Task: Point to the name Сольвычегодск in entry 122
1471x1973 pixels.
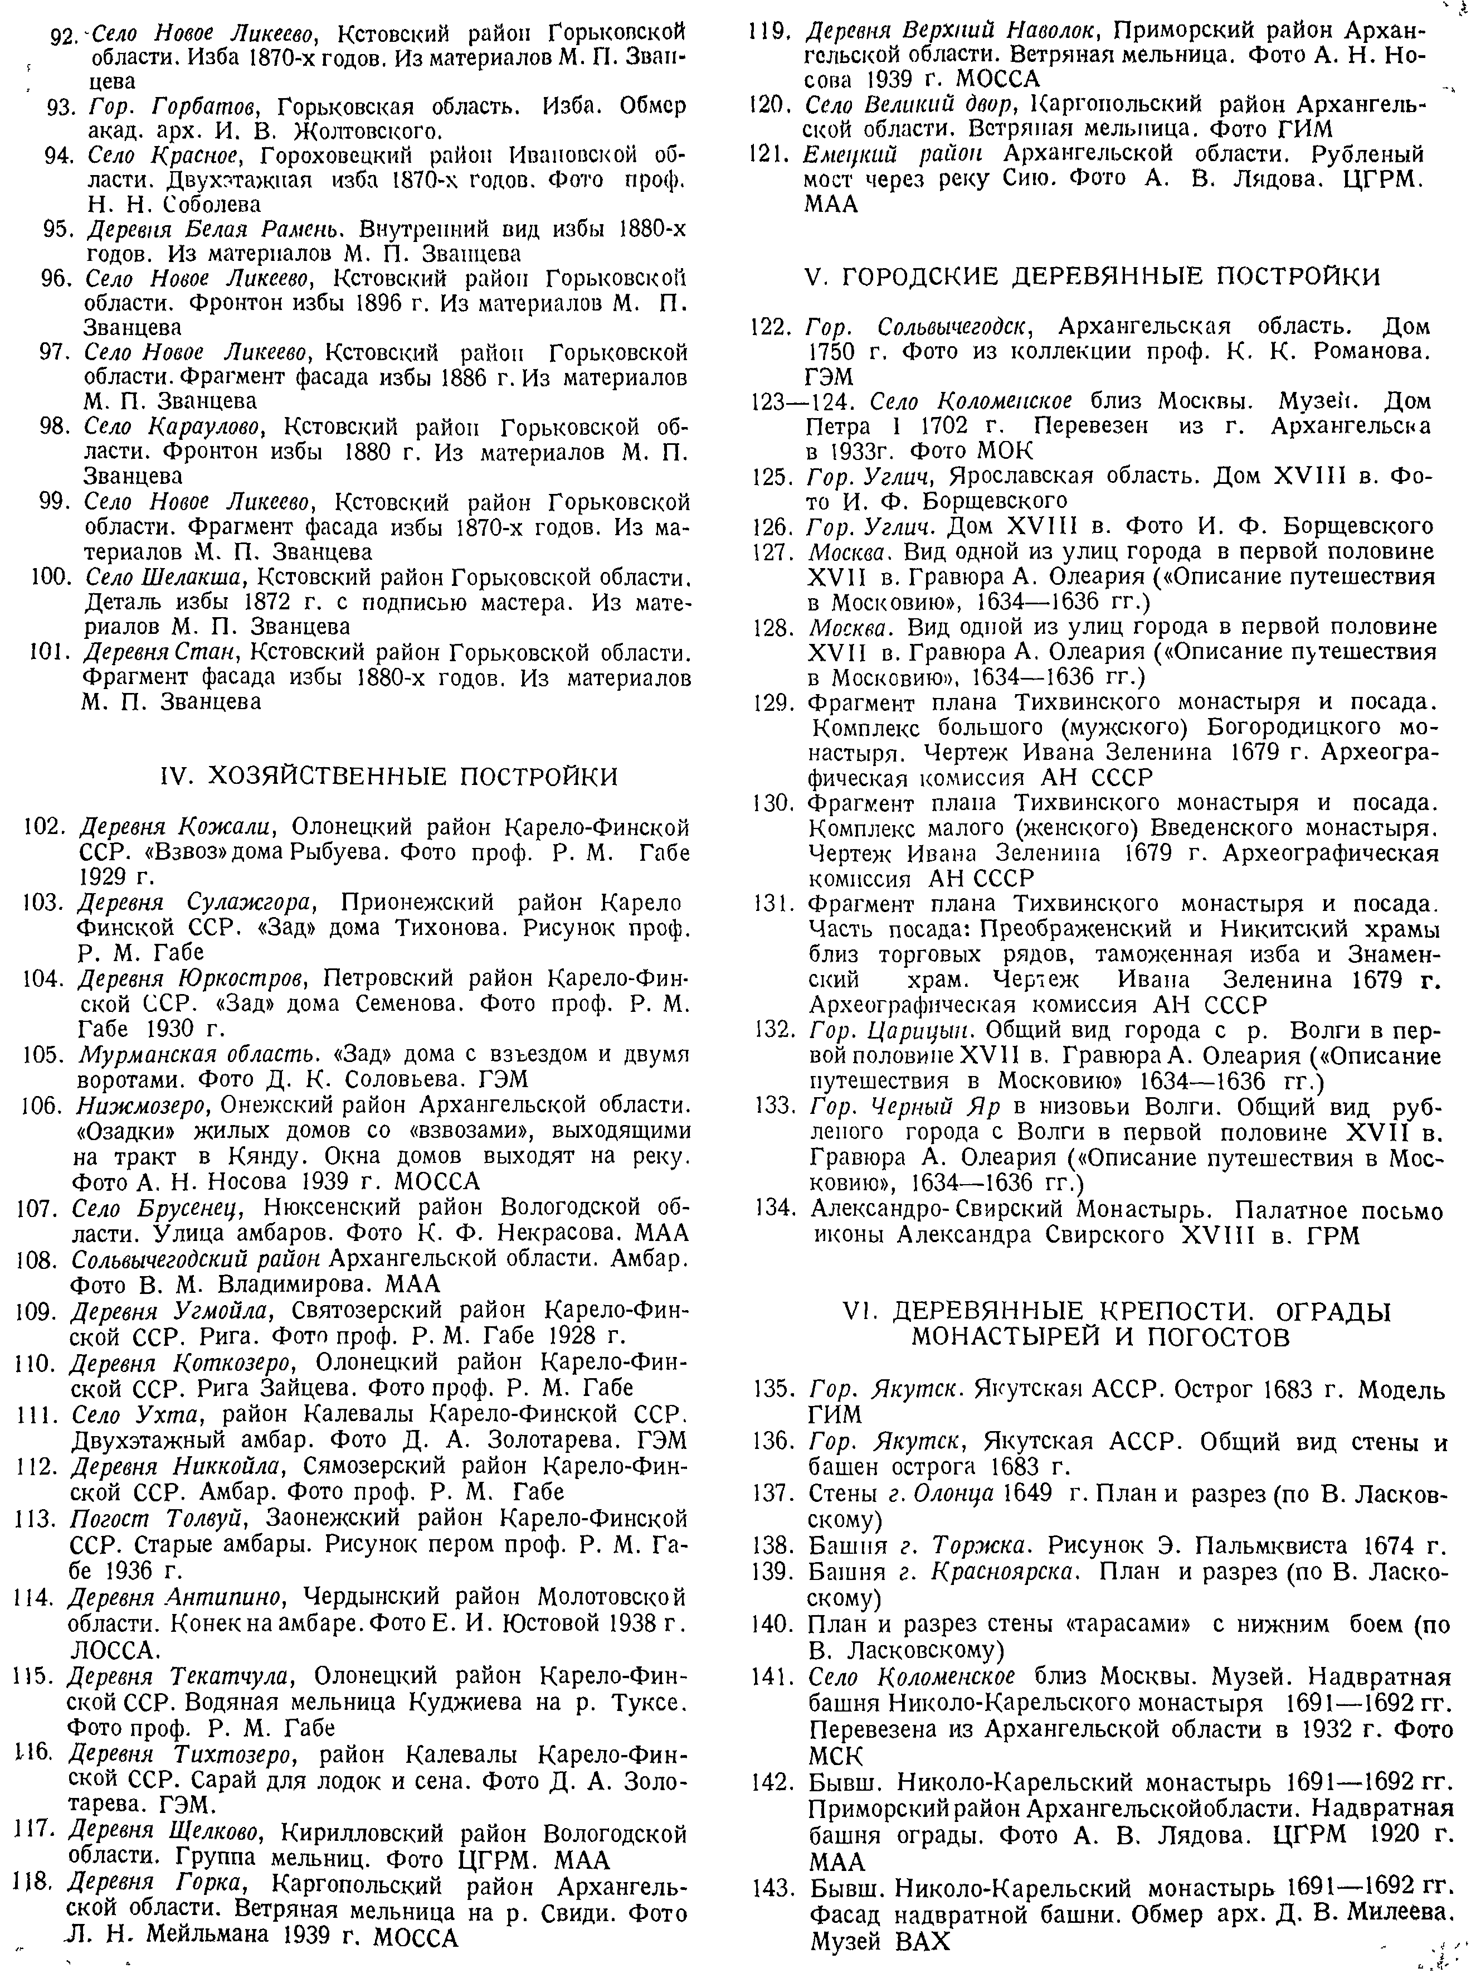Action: tap(948, 326)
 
